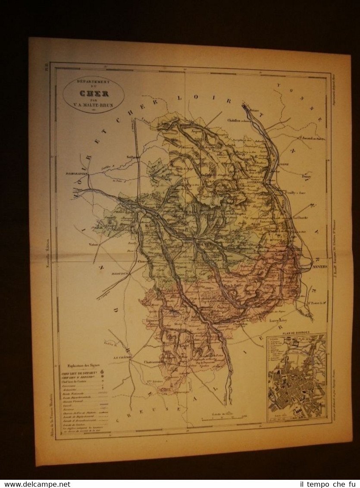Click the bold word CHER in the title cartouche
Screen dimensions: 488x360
(93, 93)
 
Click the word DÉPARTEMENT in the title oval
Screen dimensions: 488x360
(93, 81)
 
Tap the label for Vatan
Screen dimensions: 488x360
(94, 244)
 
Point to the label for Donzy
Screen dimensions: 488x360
(307, 176)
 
